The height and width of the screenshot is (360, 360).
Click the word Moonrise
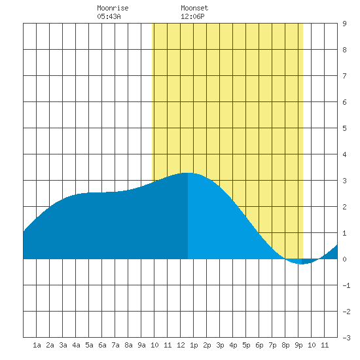pos(113,8)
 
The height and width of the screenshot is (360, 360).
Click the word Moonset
pos(194,8)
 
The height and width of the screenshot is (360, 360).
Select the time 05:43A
pos(109,16)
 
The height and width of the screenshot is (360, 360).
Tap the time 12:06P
pos(192,16)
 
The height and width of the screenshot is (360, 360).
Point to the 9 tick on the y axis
pos(344,24)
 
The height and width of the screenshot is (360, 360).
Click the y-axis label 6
pos(344,102)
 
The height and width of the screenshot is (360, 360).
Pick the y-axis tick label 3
pos(344,181)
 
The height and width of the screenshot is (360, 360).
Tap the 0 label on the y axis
pos(344,259)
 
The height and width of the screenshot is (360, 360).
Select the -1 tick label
pos(346,285)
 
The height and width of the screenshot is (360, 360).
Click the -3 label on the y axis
pos(346,338)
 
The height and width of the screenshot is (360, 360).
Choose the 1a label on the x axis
pos(37,345)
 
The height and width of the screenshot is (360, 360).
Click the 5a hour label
pos(89,345)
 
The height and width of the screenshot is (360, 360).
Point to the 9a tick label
pos(141,345)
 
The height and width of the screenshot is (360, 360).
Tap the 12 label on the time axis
pos(181,345)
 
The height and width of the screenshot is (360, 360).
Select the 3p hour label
pos(220,345)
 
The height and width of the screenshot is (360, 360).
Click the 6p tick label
pos(259,345)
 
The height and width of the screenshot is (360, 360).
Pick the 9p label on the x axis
pos(298,345)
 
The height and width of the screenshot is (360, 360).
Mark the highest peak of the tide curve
pos(188,173)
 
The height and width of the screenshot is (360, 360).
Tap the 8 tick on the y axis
pos(344,50)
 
